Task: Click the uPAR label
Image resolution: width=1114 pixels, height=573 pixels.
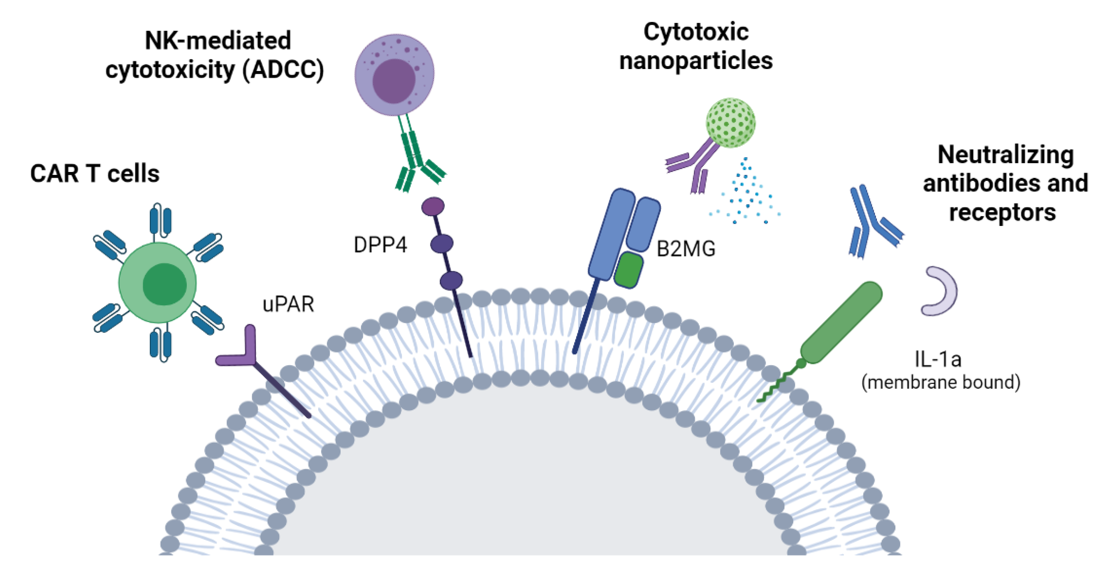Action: tap(288, 304)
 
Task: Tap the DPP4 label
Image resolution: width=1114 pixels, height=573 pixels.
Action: tap(380, 245)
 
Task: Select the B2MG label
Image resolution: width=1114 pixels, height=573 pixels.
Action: tap(686, 249)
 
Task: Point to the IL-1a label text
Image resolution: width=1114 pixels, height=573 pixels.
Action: tap(938, 359)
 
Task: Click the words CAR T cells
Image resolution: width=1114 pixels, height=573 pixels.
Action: tap(95, 174)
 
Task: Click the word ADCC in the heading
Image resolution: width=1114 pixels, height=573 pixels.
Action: tap(283, 70)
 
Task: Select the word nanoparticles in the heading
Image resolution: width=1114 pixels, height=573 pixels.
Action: tap(696, 61)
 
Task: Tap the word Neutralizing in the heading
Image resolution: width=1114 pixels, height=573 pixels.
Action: tap(1006, 155)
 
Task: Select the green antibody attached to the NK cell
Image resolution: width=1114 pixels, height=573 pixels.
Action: tap(415, 160)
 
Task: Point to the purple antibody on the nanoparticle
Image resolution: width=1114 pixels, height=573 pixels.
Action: tap(694, 164)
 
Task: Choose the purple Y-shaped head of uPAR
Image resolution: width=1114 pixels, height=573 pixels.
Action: tap(242, 350)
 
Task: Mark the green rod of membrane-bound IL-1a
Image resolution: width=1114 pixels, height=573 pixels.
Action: tap(841, 322)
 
